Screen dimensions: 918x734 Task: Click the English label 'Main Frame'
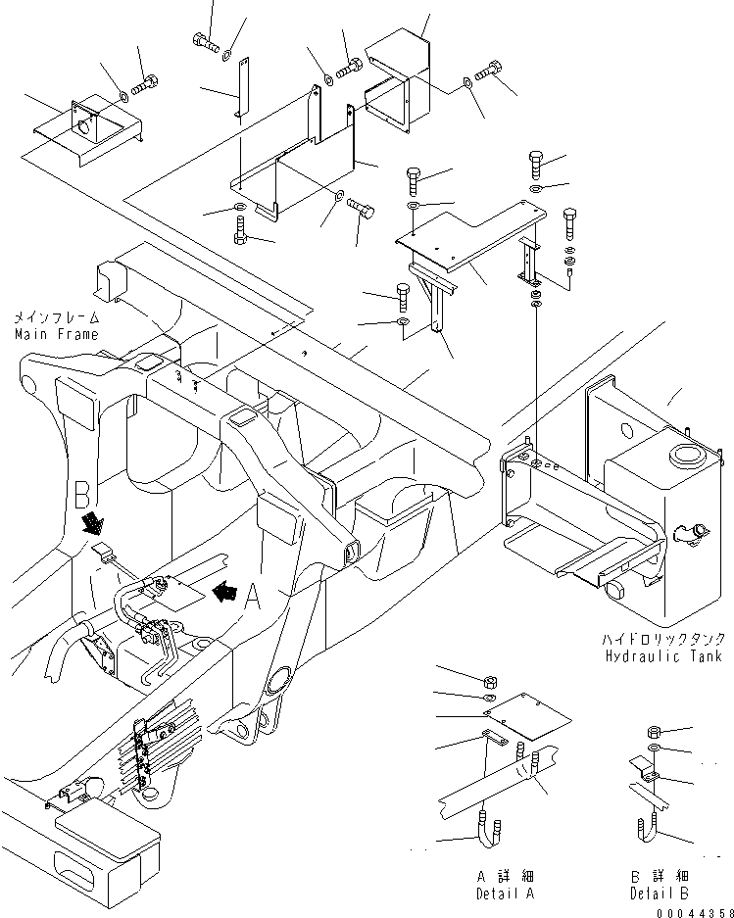[x=55, y=334]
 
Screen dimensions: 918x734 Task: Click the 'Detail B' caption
[x=660, y=894]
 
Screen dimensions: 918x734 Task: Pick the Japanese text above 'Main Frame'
[x=55, y=318]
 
